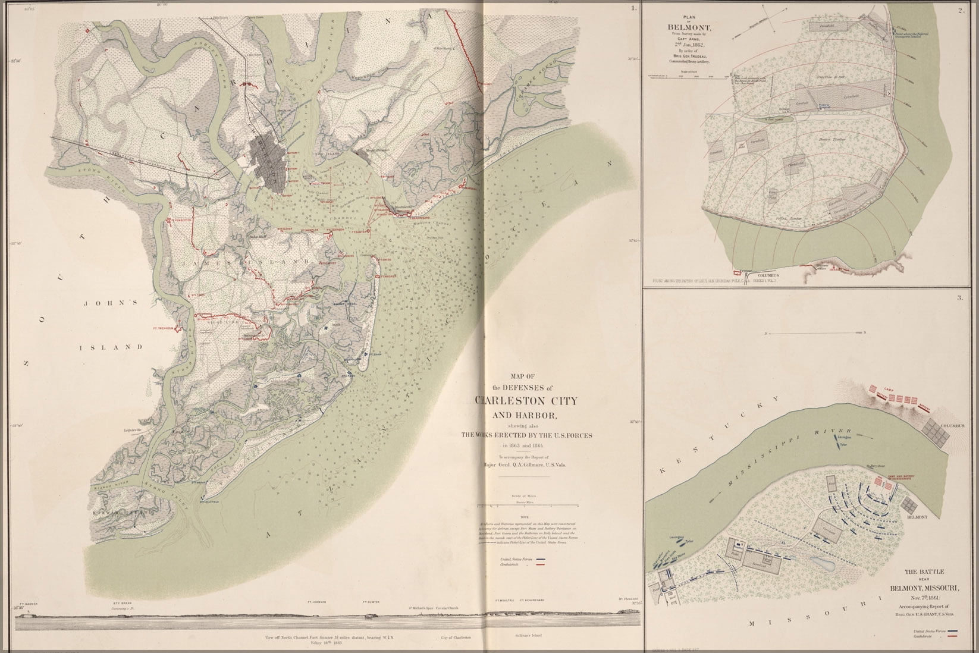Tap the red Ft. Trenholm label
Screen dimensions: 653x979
(162, 328)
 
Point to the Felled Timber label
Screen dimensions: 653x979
(789, 218)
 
